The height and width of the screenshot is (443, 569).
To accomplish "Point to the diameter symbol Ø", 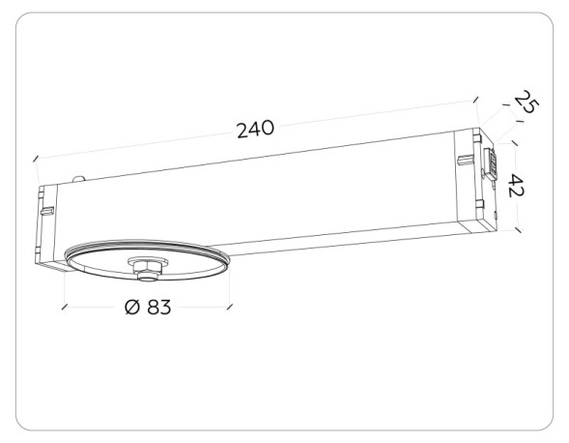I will pos(130,307).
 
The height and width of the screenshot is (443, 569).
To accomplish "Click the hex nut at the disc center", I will pos(145,267).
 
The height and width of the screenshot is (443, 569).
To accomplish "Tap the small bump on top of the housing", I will pos(80,178).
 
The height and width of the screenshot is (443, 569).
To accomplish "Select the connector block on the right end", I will pos(490,164).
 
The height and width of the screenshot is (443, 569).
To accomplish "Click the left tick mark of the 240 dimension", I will pos(36,158).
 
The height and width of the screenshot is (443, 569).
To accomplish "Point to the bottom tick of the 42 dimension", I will pos(518,230).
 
